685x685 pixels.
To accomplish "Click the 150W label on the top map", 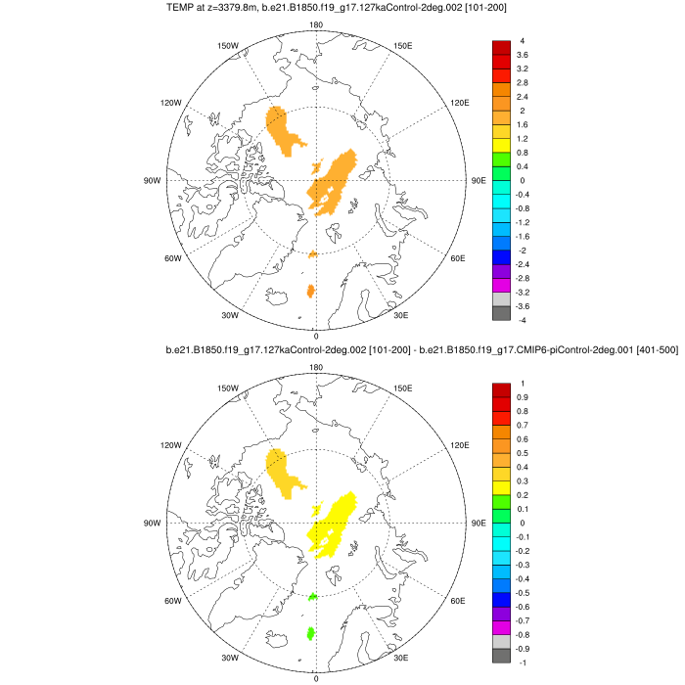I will [x=228, y=46].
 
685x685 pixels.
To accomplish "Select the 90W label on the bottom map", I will [x=152, y=524].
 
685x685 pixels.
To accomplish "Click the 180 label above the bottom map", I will [x=316, y=367].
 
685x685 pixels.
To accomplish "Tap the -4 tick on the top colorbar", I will [x=523, y=320].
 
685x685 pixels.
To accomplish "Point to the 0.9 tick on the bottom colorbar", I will [x=525, y=397].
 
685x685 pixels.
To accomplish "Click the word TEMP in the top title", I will [x=180, y=9].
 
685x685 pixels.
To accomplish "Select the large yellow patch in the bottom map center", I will [x=334, y=524].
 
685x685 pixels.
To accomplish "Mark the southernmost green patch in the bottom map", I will [x=311, y=634].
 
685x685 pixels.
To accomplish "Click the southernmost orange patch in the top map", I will [x=311, y=291].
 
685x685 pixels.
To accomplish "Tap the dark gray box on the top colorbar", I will [x=501, y=313].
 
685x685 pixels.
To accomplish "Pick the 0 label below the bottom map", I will [x=316, y=677].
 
